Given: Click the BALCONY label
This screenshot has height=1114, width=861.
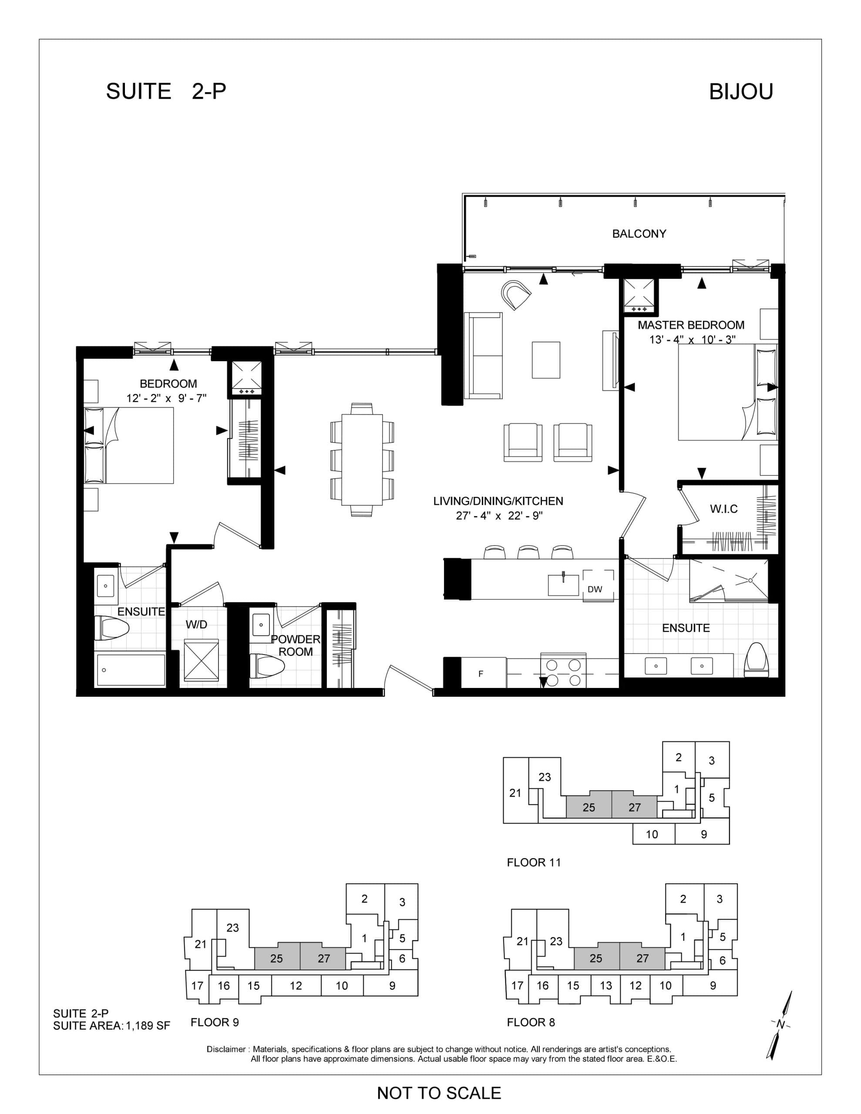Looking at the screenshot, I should (x=639, y=234).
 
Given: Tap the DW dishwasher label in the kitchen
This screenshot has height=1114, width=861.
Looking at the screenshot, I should (x=595, y=589).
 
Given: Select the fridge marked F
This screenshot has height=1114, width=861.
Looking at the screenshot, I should (x=481, y=674).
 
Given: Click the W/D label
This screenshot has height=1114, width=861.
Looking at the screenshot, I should (x=196, y=624).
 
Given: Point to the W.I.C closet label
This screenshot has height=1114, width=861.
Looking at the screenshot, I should (x=724, y=509).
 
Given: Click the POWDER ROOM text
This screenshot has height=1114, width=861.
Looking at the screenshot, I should (x=296, y=645).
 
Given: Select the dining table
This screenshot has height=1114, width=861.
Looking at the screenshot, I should (x=362, y=460).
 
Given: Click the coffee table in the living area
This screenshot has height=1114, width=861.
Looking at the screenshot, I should (x=545, y=359).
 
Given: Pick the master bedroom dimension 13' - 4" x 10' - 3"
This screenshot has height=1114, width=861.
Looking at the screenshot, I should (x=692, y=339).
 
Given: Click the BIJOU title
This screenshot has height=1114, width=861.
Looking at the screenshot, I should (x=741, y=92).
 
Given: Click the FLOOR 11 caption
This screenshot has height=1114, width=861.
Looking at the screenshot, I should (x=533, y=862).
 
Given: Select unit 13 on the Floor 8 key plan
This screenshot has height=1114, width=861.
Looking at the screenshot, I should (x=606, y=986).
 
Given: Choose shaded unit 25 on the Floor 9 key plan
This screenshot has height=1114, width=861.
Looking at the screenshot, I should (x=276, y=958).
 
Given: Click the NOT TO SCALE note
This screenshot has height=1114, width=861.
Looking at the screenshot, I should (x=439, y=1093).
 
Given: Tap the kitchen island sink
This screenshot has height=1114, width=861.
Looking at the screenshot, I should (x=563, y=584).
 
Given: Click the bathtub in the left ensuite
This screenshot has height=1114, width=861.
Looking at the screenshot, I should (x=130, y=670).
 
